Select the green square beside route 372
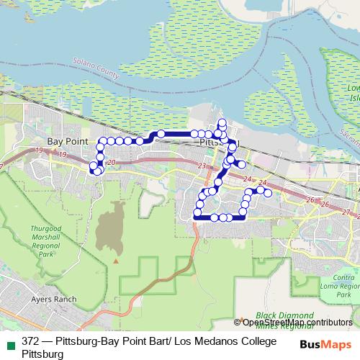click(9, 343)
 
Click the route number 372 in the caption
click(31, 342)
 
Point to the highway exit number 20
click(110, 163)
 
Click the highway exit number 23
click(202, 166)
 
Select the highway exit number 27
click(347, 212)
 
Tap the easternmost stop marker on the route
click(268, 193)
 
